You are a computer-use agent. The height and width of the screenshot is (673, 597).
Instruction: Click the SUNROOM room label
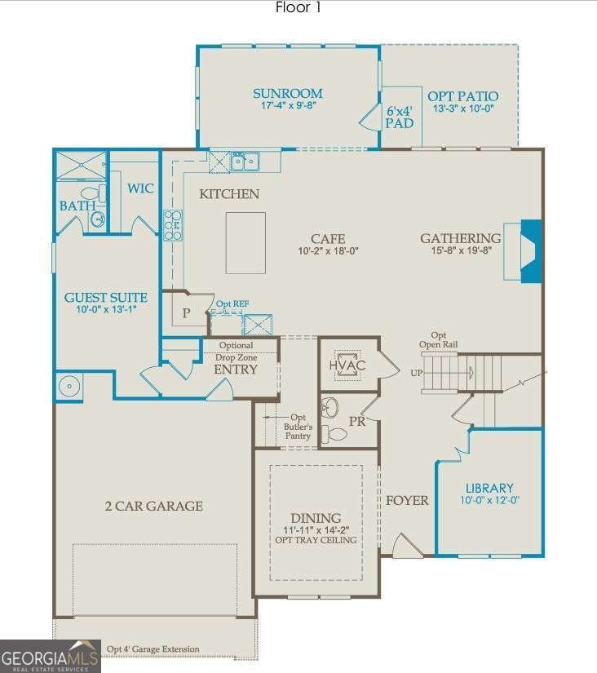click(x=287, y=94)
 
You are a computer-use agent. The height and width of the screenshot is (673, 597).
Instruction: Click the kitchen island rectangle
click(x=245, y=243)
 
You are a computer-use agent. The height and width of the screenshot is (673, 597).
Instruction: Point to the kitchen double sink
click(x=243, y=162)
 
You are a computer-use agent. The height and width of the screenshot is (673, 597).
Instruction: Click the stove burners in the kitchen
click(x=173, y=225)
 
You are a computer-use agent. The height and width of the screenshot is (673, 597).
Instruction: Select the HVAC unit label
click(x=347, y=365)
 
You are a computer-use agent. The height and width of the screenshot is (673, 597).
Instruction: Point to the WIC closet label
click(x=140, y=188)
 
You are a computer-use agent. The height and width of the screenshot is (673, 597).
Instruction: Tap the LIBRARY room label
click(x=489, y=488)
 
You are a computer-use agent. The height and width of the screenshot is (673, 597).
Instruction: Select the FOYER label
click(x=407, y=500)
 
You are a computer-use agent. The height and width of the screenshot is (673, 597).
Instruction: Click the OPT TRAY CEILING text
click(x=316, y=540)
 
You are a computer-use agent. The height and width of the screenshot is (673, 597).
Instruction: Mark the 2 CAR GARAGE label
click(x=153, y=506)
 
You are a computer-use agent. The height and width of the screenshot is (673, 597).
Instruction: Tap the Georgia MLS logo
click(x=50, y=656)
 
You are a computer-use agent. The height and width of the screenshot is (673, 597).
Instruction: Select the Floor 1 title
click(x=298, y=7)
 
